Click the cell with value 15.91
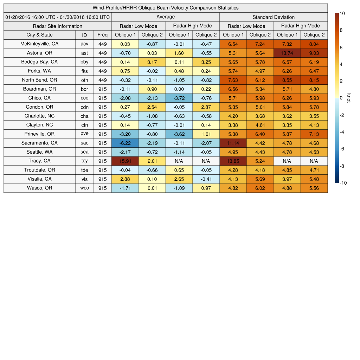click(125, 161)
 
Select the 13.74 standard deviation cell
click(287, 53)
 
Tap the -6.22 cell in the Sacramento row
click(125, 143)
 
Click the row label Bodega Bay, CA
click(39, 62)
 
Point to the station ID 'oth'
click(84, 80)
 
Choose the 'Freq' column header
click(102, 35)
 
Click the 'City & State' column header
click(39, 35)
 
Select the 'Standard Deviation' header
click(274, 17)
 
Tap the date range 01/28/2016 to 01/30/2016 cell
click(58, 17)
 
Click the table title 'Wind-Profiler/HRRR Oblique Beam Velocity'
click(166, 8)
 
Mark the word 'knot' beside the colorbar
click(349, 98)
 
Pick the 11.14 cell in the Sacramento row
click(233, 143)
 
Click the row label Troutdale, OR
click(39, 170)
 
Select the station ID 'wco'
click(84, 188)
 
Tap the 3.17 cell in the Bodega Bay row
click(152, 62)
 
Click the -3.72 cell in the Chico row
click(179, 98)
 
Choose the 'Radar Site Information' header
click(57, 26)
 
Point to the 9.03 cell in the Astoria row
click(314, 53)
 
